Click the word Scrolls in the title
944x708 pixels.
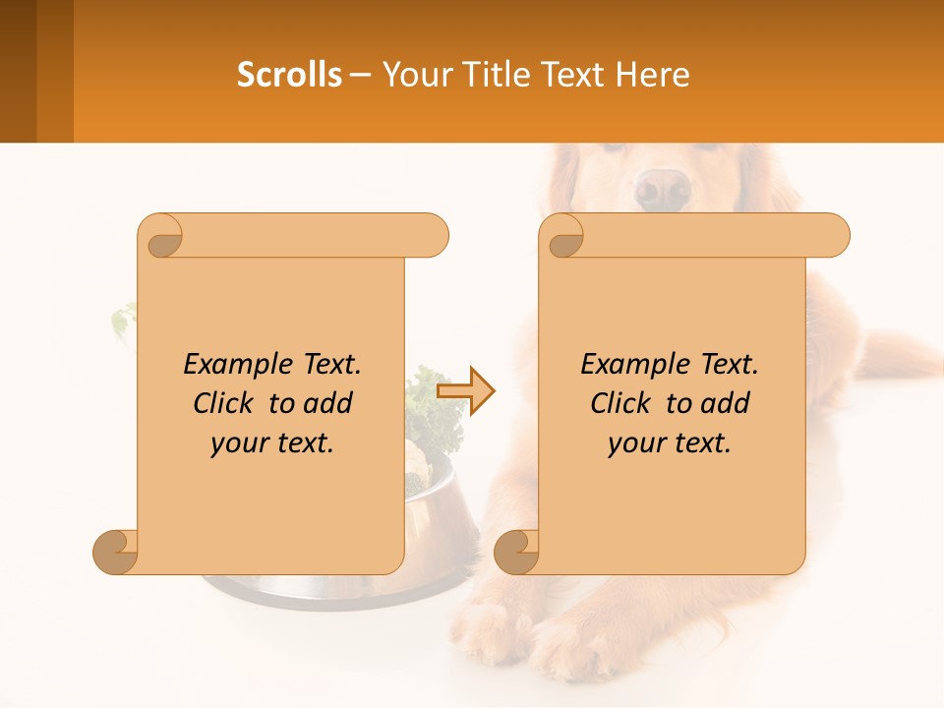click(289, 75)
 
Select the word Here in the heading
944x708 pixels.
click(653, 75)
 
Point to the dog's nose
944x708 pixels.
click(662, 188)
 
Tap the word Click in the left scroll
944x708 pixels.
click(223, 403)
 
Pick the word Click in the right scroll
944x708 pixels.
click(620, 403)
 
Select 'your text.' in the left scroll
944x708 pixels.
click(272, 442)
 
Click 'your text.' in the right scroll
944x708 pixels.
click(670, 442)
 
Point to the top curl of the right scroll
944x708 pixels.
click(562, 236)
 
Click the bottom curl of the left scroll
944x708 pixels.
click(115, 552)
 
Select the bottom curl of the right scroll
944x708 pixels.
click(515, 552)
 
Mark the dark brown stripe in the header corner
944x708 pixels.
click(18, 71)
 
